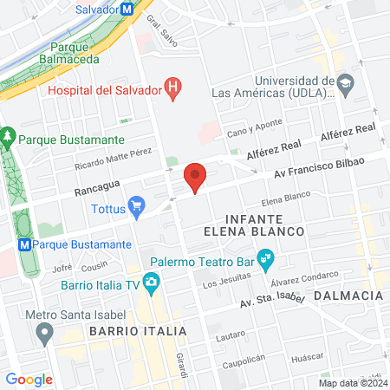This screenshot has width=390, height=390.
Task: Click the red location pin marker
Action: coord(196,178)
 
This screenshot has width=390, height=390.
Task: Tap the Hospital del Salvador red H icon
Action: coord(174,88)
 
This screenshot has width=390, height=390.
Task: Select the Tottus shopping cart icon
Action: coord(136,206)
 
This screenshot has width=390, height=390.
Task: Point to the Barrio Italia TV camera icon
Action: coord(153,283)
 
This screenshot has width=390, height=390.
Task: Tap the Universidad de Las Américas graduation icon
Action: coord(346,84)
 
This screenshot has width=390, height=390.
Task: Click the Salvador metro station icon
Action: coord(127,9)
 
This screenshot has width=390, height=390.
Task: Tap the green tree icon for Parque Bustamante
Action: coord(9,138)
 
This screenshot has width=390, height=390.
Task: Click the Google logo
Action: coord(29,379)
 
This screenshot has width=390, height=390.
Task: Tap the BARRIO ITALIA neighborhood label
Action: coord(137,332)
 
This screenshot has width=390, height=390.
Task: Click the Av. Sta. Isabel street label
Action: coord(273,301)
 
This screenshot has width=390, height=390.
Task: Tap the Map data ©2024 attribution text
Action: coord(352,382)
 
